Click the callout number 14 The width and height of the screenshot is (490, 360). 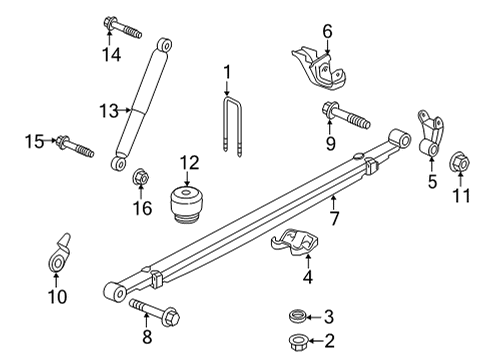click(108, 52)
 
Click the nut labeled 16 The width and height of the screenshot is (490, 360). click(142, 181)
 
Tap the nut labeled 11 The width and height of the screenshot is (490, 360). click(460, 160)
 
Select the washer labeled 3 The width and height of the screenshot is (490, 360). click(297, 317)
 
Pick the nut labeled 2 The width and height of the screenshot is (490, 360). click(297, 342)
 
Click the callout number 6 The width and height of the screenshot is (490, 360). click(327, 30)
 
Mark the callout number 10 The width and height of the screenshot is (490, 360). click(57, 296)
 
